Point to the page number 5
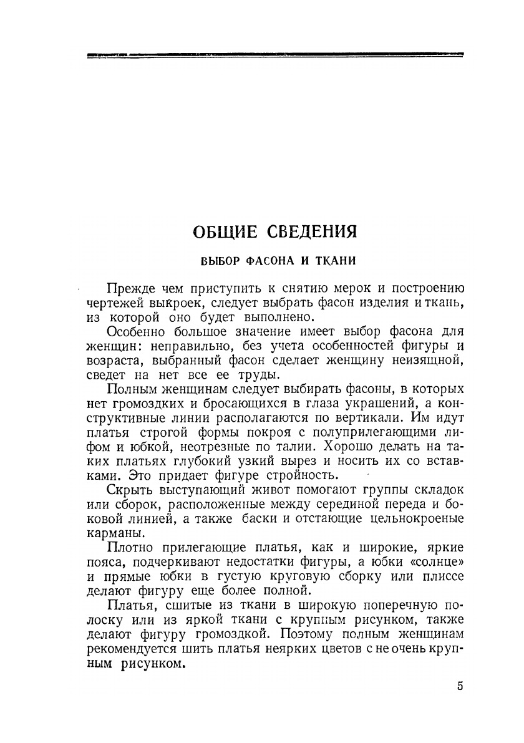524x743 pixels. [x=460, y=686]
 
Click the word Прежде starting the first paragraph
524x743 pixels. [x=130, y=289]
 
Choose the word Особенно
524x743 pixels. [x=135, y=333]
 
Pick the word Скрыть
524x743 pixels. [x=128, y=490]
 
